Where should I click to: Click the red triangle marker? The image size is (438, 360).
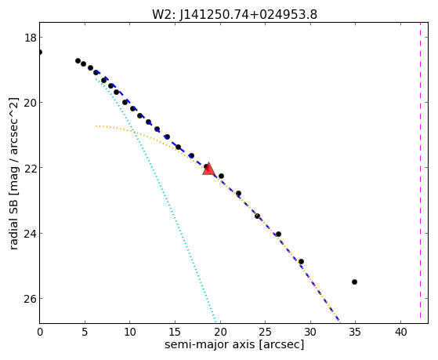point(208,169)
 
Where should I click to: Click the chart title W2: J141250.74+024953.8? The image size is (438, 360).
point(234,15)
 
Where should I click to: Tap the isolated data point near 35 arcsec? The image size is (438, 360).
point(354,282)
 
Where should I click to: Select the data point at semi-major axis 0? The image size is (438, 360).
point(40,52)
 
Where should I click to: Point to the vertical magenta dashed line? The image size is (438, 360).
point(420,173)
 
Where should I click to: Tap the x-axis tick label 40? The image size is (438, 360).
point(401,332)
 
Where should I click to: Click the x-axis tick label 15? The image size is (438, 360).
point(175,332)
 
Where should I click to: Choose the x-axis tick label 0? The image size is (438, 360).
point(40,332)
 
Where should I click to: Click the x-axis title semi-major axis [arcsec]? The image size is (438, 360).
point(234,344)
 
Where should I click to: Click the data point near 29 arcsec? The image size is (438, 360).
point(301,261)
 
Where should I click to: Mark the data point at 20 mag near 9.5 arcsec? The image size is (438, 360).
point(125,103)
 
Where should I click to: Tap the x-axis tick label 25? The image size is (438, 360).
point(265,332)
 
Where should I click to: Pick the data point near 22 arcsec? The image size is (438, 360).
point(238,193)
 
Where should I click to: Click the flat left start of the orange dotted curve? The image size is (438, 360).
point(96,126)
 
